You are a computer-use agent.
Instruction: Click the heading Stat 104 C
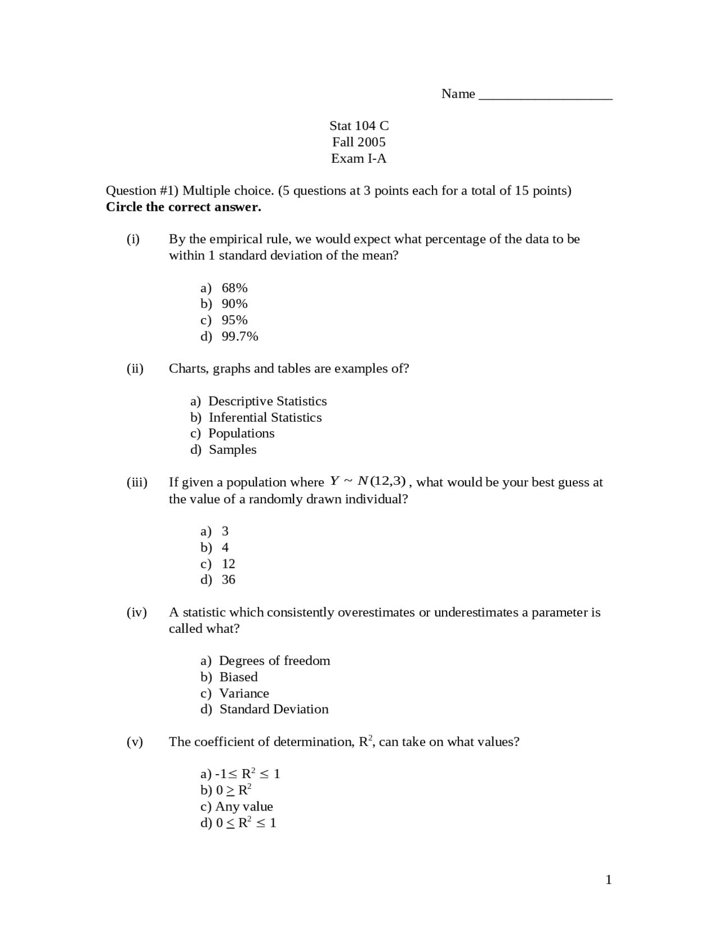coord(359,126)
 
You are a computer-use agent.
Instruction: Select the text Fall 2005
coord(359,142)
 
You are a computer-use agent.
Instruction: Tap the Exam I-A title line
coord(359,158)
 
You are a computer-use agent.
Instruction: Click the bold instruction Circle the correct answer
coord(183,207)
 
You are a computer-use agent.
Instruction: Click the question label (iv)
coord(136,613)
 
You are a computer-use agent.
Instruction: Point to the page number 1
coord(609,880)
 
